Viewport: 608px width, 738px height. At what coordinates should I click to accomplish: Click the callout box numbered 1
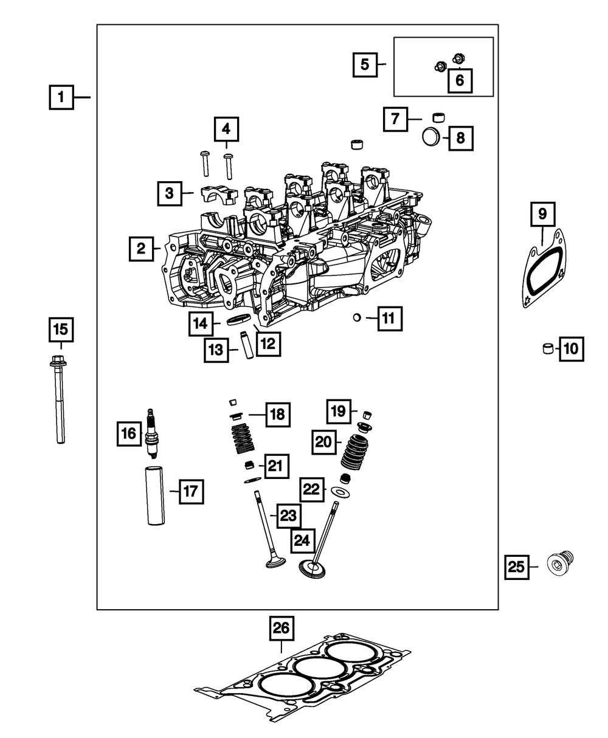(61, 97)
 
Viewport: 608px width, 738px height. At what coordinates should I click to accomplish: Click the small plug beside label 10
(548, 350)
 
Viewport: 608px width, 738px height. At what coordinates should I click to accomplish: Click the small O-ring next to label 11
(358, 317)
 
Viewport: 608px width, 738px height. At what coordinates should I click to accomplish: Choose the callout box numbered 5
(365, 64)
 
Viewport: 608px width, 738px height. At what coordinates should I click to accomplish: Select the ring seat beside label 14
(239, 320)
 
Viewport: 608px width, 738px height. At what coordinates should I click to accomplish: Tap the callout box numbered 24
(303, 539)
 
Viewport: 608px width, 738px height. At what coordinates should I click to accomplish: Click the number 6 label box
(460, 80)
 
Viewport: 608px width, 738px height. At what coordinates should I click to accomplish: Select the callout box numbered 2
(141, 248)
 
